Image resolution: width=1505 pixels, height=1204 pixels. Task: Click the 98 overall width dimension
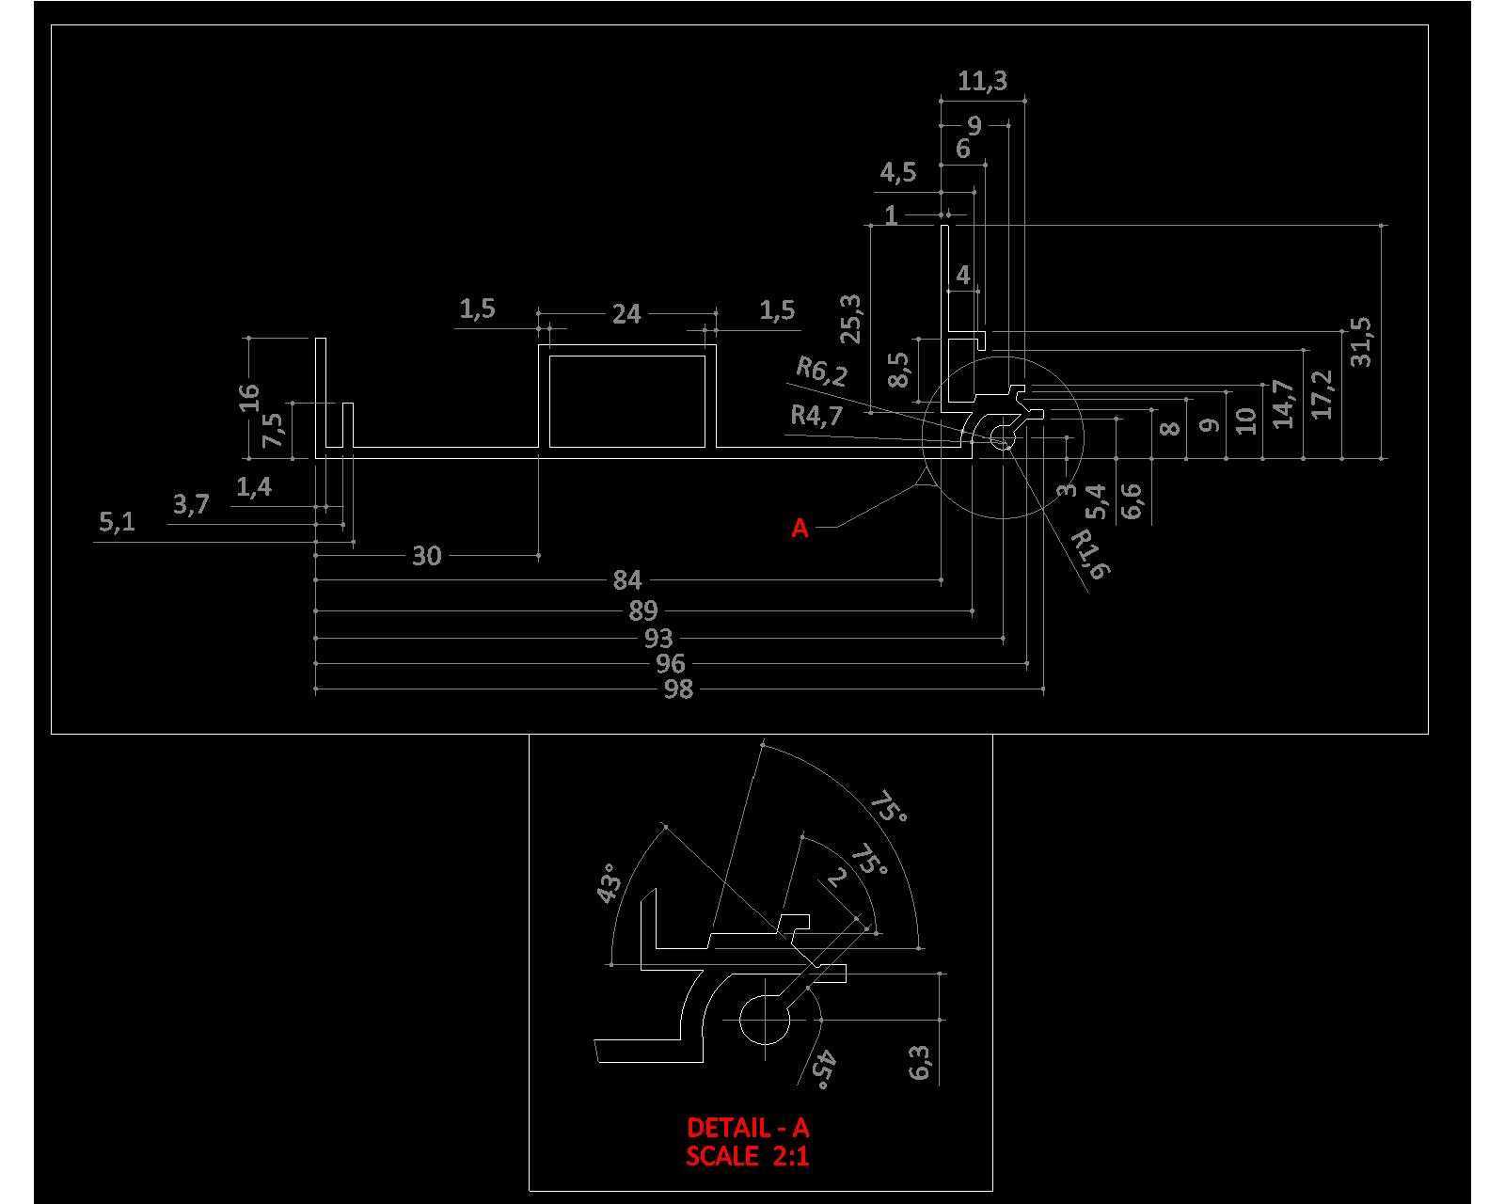click(x=677, y=689)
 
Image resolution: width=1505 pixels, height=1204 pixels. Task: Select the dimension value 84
click(x=626, y=580)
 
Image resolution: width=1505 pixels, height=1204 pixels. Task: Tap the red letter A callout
click(x=800, y=529)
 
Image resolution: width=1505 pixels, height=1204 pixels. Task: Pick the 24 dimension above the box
click(x=626, y=314)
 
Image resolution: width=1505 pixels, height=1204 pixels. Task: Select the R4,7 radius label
click(x=816, y=416)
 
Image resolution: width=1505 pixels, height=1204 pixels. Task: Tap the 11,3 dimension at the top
click(x=982, y=81)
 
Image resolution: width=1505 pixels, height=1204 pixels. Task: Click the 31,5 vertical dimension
click(x=1361, y=342)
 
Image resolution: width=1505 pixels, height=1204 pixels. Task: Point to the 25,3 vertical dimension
click(x=852, y=319)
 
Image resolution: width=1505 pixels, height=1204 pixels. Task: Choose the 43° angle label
click(x=609, y=883)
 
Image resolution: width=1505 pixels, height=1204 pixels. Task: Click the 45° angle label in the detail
click(x=824, y=1069)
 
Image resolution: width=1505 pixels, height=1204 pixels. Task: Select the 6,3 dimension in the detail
click(x=920, y=1063)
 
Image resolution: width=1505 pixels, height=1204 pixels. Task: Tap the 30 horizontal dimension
click(x=427, y=556)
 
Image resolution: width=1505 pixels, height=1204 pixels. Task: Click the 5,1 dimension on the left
click(x=117, y=521)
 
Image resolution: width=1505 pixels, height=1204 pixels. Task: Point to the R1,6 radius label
click(x=1090, y=553)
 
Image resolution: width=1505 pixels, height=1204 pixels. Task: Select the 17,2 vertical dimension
click(x=1322, y=394)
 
